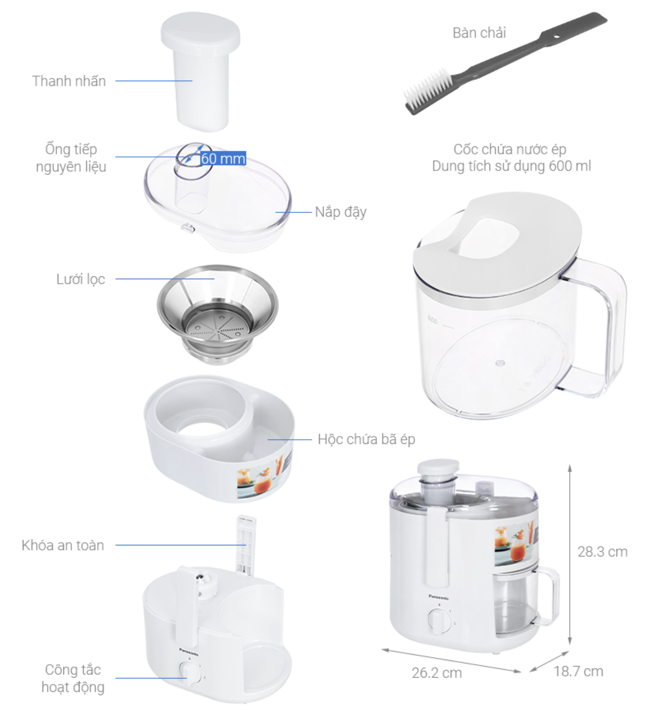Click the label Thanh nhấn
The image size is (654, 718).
(x=69, y=81)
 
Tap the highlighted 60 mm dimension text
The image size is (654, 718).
(x=223, y=158)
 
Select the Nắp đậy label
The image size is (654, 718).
(x=341, y=212)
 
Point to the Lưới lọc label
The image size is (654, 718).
(x=81, y=279)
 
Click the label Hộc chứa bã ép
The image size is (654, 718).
(x=366, y=439)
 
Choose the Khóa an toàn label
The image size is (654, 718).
(x=63, y=545)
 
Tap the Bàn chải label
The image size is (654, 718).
(x=479, y=33)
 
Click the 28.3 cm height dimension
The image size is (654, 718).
(x=603, y=551)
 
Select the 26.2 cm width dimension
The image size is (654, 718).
(x=437, y=673)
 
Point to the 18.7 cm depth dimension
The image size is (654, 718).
(x=578, y=671)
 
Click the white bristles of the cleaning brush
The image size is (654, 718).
(x=426, y=89)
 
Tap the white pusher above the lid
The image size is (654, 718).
(x=201, y=71)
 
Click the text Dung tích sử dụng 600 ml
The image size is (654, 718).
(x=512, y=166)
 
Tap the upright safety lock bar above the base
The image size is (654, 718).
(x=246, y=545)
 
